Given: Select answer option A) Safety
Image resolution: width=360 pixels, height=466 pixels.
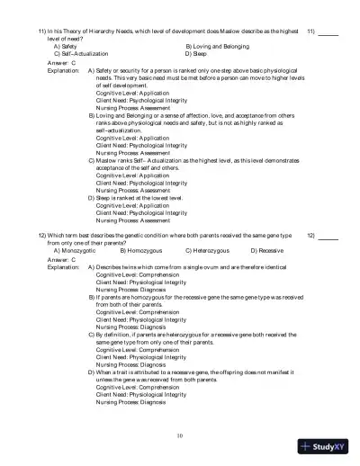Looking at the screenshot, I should tap(64, 46).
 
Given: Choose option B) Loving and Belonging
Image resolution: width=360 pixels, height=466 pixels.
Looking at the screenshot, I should tap(217, 46).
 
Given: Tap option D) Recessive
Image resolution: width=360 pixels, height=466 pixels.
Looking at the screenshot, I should tap(266, 250).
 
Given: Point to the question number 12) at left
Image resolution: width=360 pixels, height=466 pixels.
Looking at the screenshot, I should tap(41, 235).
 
